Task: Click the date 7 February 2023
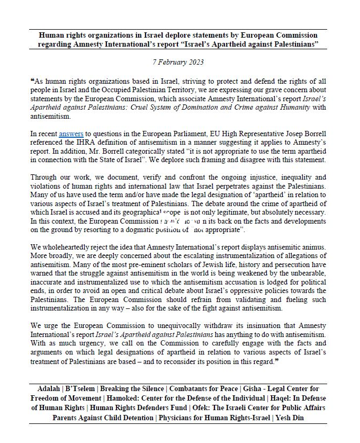[x=178, y=61]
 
